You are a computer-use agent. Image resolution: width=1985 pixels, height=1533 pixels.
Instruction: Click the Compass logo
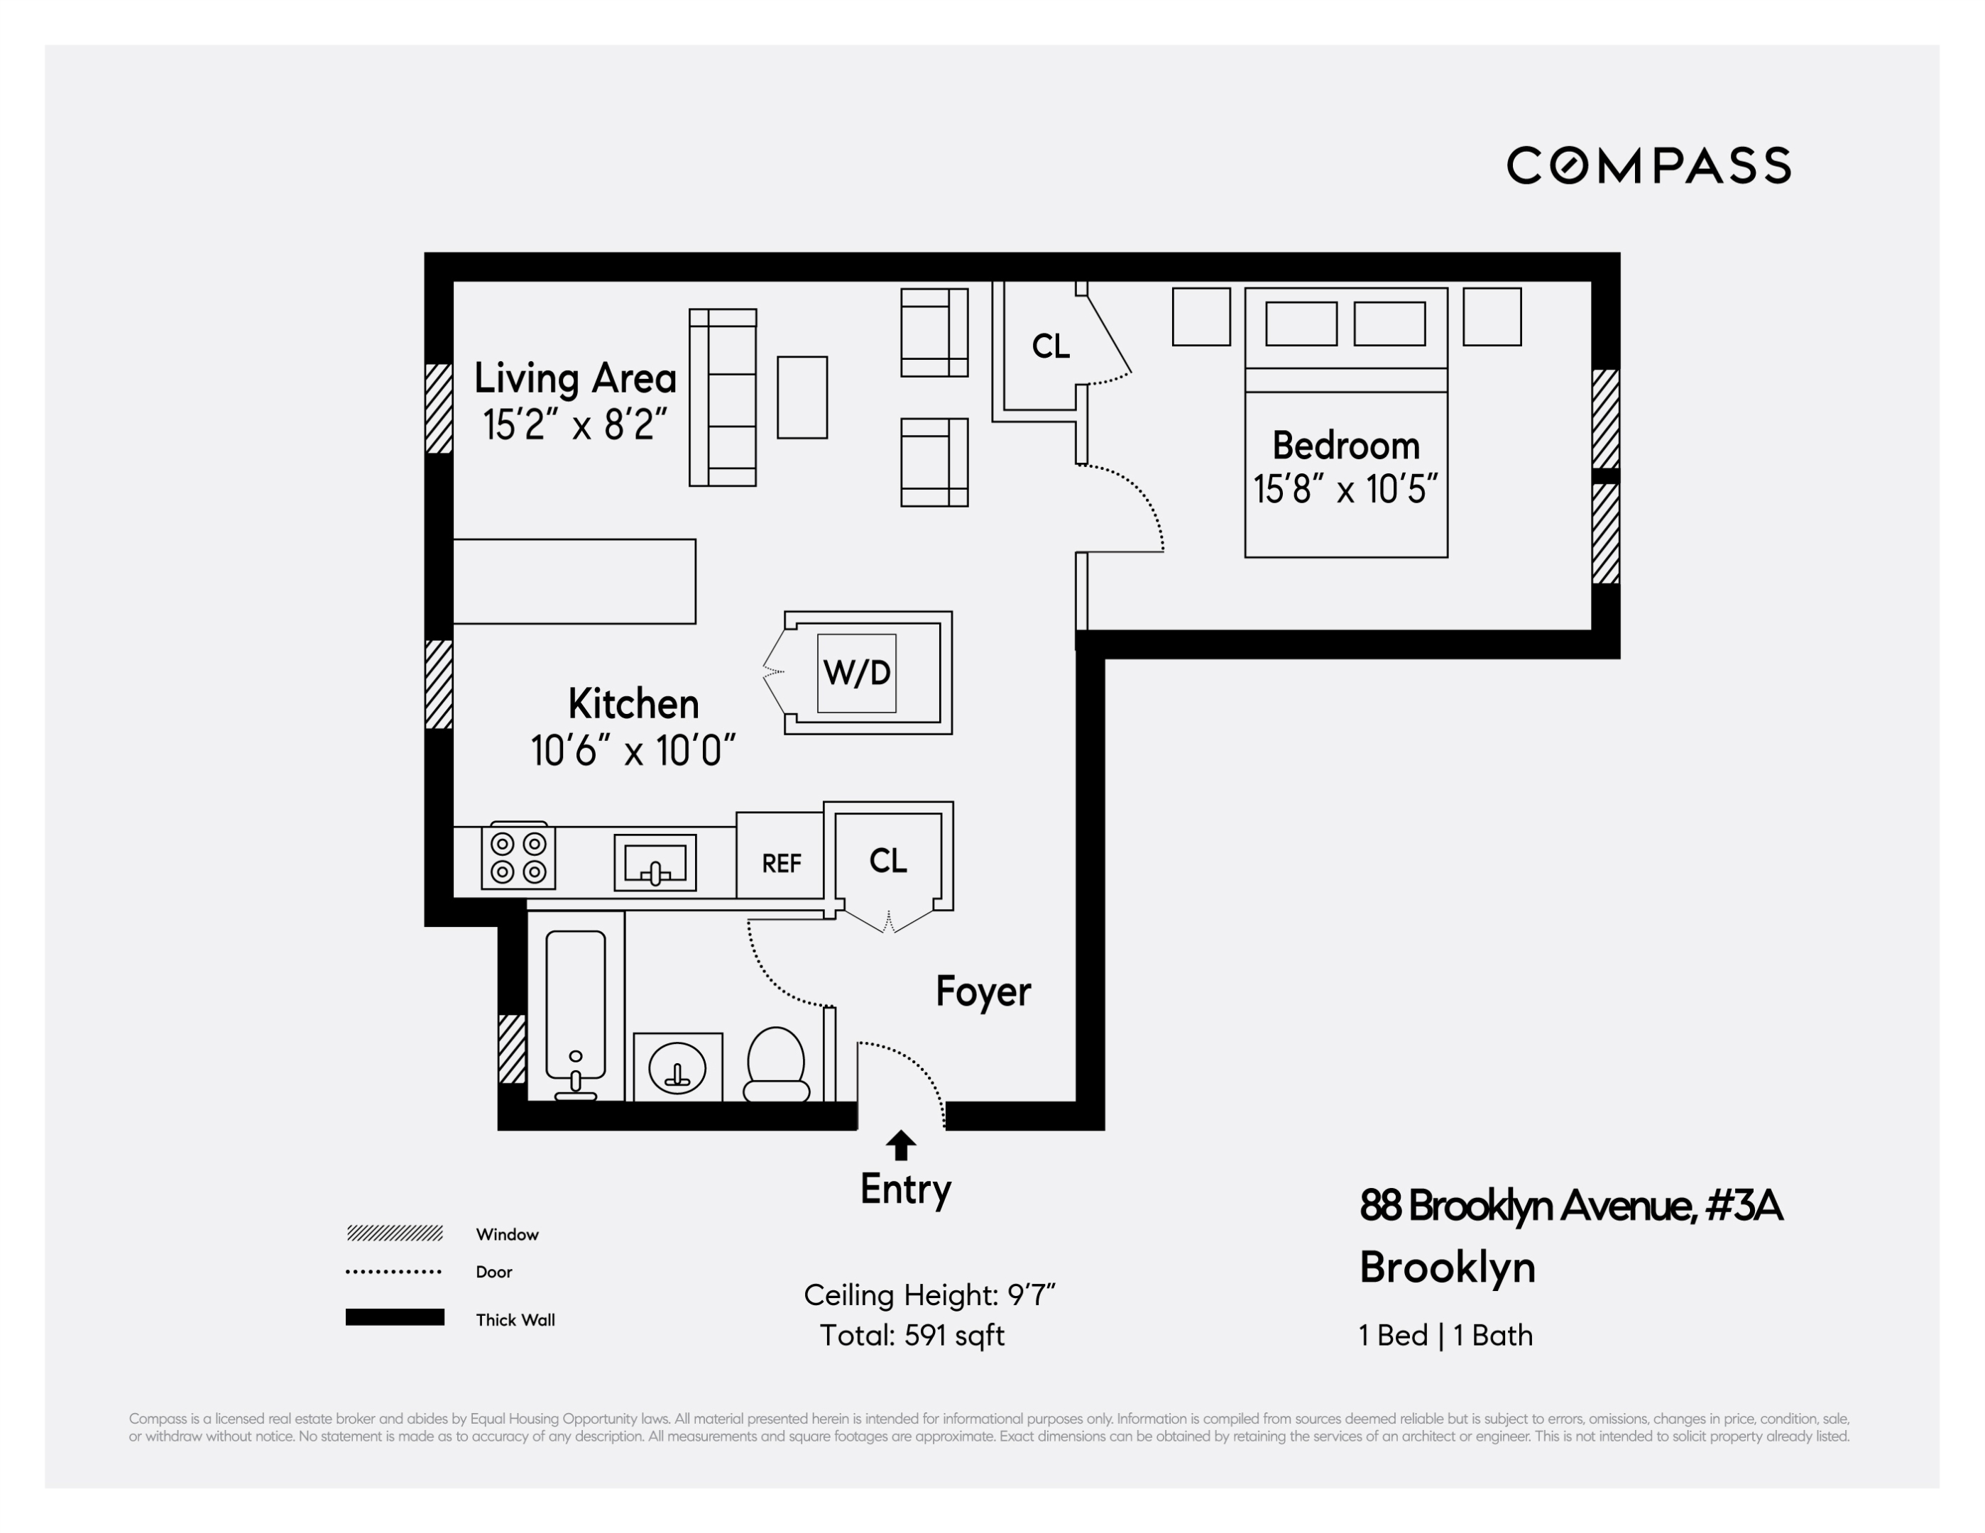[1648, 165]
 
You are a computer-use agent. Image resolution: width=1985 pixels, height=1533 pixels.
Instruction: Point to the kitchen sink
[655, 862]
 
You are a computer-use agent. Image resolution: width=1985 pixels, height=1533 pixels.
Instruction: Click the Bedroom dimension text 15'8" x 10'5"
[1345, 490]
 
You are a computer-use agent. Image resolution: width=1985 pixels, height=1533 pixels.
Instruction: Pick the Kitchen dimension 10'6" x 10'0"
[633, 751]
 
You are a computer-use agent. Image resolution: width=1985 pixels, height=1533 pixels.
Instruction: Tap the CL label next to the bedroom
[1051, 346]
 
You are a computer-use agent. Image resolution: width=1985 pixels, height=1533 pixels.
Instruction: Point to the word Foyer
[983, 991]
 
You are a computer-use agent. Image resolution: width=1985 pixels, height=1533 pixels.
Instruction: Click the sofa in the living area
[723, 398]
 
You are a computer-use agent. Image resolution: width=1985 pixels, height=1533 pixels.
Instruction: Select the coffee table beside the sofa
[802, 398]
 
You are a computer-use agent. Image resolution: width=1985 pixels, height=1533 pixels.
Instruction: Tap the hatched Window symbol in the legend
[395, 1233]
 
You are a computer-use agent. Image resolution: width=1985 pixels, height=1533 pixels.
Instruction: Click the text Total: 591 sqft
[912, 1335]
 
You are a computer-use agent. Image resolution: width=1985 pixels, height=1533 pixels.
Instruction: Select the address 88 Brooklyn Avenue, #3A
[1570, 1206]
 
